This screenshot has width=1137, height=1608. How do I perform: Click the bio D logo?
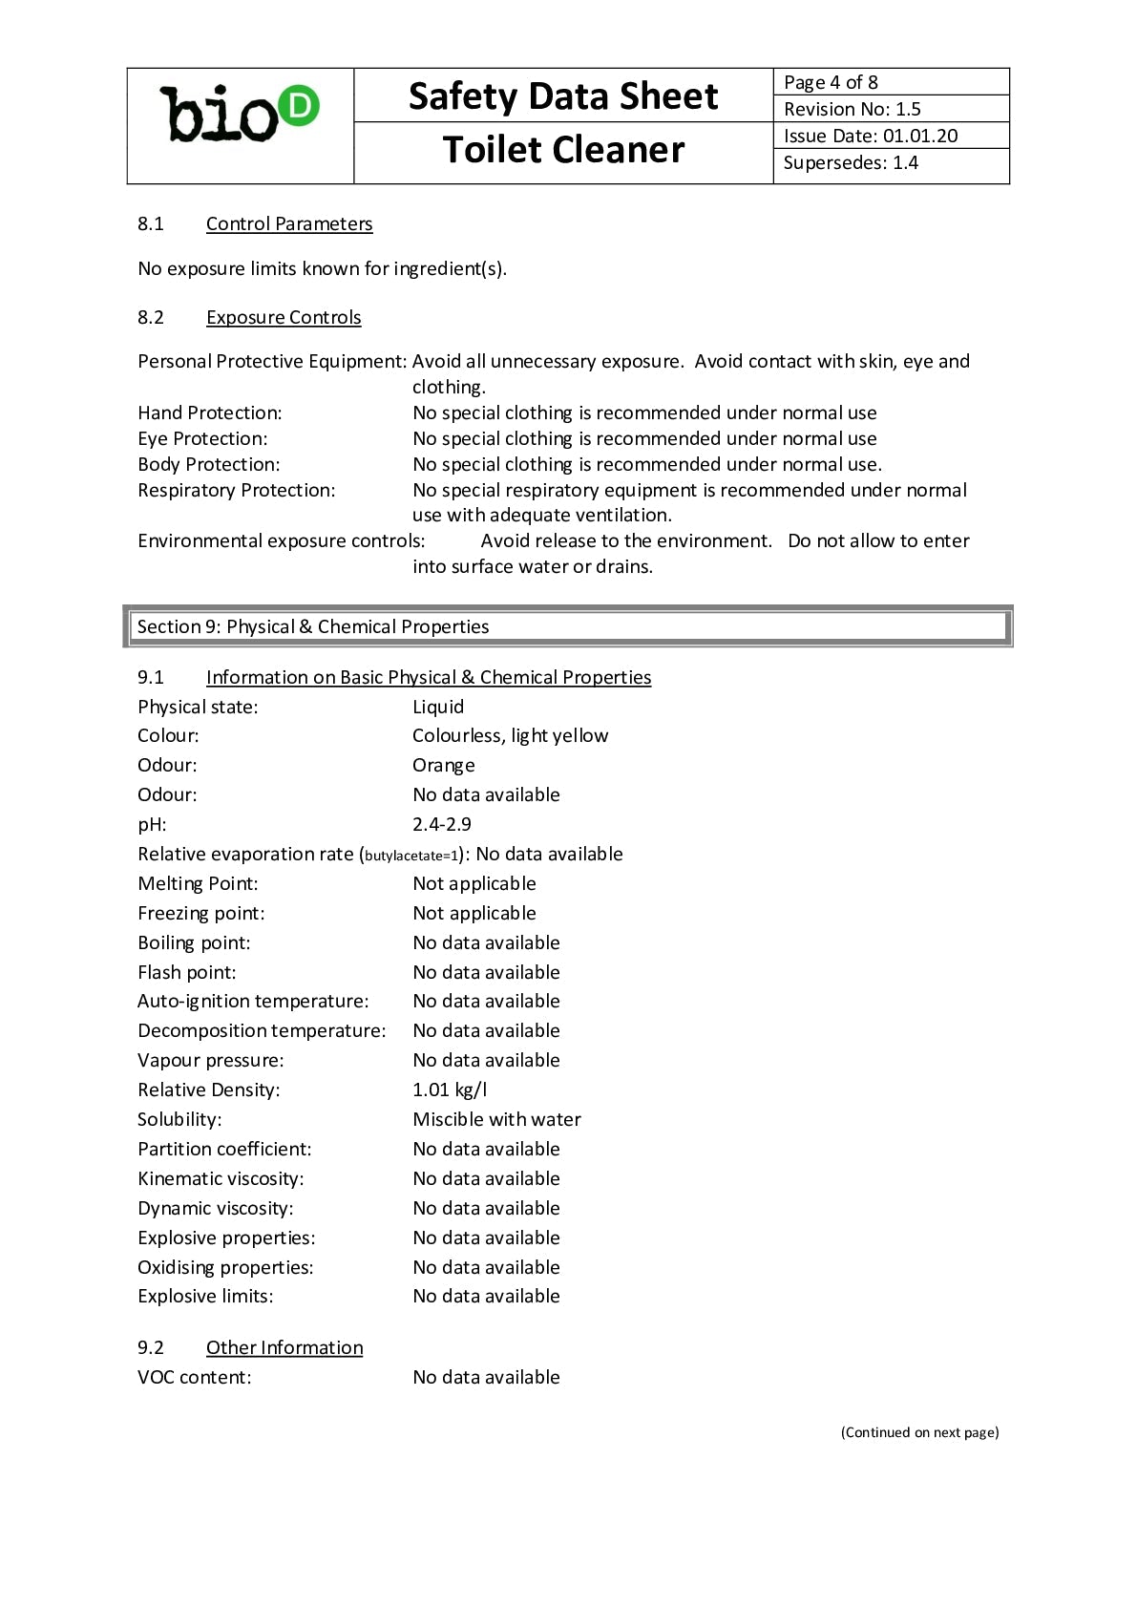pyautogui.click(x=240, y=115)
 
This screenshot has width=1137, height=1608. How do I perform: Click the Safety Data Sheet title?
pyautogui.click(x=563, y=96)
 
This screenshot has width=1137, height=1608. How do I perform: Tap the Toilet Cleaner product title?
pyautogui.click(x=563, y=150)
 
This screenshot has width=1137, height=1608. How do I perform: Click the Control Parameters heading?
pyautogui.click(x=289, y=223)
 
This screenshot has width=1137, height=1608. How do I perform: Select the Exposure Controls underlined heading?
pyautogui.click(x=284, y=317)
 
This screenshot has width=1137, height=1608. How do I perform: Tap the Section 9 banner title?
pyautogui.click(x=313, y=626)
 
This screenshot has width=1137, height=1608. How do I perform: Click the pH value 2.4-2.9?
pyautogui.click(x=442, y=824)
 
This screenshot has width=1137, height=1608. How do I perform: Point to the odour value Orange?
pyautogui.click(x=444, y=765)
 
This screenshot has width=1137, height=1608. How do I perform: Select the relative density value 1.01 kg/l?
pyautogui.click(x=450, y=1090)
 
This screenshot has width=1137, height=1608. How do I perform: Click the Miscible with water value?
pyautogui.click(x=496, y=1119)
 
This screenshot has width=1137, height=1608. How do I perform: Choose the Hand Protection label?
pyautogui.click(x=210, y=413)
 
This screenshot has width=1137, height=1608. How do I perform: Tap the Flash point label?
pyautogui.click(x=187, y=972)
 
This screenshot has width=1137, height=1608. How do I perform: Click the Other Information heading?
pyautogui.click(x=284, y=1347)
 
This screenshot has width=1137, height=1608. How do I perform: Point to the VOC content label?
pyautogui.click(x=195, y=1377)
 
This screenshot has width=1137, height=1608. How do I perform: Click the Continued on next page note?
pyautogui.click(x=919, y=1432)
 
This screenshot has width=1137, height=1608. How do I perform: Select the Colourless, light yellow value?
pyautogui.click(x=510, y=735)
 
